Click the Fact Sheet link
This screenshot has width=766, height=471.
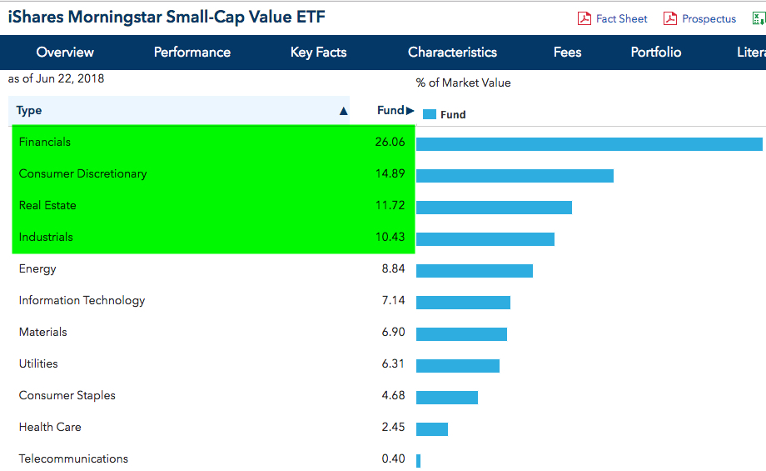(x=621, y=18)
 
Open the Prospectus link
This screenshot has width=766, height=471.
(x=709, y=18)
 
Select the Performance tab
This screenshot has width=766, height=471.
(x=192, y=52)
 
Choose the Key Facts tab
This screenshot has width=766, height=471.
(x=318, y=52)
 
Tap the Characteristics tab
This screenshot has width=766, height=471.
(x=452, y=52)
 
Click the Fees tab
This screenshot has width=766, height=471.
(x=567, y=52)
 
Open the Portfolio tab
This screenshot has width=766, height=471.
(x=656, y=52)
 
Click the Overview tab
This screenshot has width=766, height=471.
(x=65, y=52)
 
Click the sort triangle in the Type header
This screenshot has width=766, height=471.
(x=343, y=111)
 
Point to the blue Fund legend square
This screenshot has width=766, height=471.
(x=430, y=115)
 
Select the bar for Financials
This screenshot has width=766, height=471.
(x=589, y=143)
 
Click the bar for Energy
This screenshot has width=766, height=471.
(x=474, y=270)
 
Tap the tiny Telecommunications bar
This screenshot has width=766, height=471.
(x=418, y=460)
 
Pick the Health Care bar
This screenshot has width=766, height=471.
(x=431, y=428)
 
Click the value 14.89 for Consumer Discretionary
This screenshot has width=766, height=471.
(x=390, y=173)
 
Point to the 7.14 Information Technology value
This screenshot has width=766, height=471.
(x=393, y=300)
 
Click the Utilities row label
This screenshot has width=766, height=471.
(x=38, y=363)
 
